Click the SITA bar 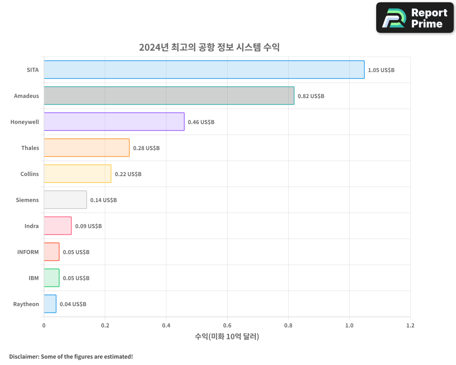204,70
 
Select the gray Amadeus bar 169,96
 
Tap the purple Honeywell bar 114,122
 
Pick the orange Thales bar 87,148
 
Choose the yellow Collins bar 78,174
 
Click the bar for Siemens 65,200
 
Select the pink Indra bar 57,226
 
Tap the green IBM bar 52,278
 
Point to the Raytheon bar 50,304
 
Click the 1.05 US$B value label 381,70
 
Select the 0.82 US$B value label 311,96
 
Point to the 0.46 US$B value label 201,122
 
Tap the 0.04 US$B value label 73,304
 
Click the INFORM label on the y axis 28,252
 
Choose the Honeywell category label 25,122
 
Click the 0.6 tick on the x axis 227,326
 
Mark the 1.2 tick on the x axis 410,326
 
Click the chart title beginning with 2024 209,47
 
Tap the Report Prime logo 415,18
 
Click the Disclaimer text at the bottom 71,356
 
